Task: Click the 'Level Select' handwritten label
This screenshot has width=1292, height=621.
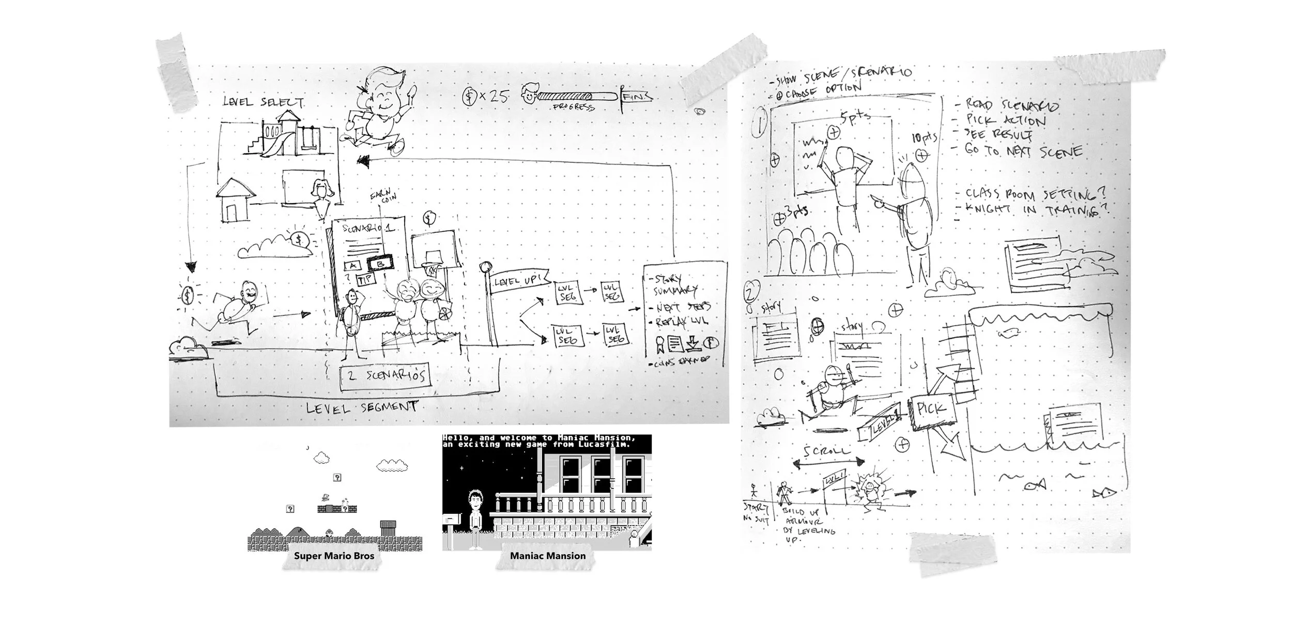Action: point(263,101)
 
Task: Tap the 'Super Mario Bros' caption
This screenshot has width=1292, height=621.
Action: point(334,556)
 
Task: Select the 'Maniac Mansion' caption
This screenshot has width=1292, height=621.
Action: point(548,556)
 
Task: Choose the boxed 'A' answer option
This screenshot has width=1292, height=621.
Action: point(353,266)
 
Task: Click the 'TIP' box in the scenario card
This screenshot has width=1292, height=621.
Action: point(366,280)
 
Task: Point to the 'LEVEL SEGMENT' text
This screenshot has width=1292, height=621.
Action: point(362,407)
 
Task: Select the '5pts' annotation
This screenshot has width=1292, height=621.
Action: point(855,118)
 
